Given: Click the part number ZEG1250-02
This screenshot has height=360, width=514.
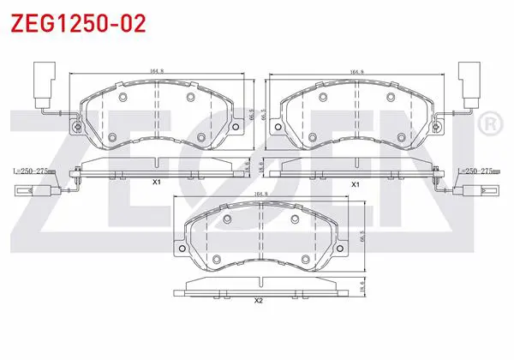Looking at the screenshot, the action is [x=78, y=23].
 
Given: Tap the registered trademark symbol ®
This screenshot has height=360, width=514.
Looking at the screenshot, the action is [x=490, y=123].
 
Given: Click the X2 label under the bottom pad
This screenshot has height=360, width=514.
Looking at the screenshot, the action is [x=259, y=300].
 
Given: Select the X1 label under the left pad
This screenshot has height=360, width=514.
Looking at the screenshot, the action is [x=157, y=182].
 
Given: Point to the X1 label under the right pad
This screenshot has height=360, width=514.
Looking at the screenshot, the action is [x=356, y=184].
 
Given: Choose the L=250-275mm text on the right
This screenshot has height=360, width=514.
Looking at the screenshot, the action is [x=479, y=171].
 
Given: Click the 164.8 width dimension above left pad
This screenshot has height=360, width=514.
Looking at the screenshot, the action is [x=157, y=70].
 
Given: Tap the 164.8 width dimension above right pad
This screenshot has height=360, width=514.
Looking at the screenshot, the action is [x=357, y=72].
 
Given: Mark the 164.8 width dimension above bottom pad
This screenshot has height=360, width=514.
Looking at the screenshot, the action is [x=261, y=194].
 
